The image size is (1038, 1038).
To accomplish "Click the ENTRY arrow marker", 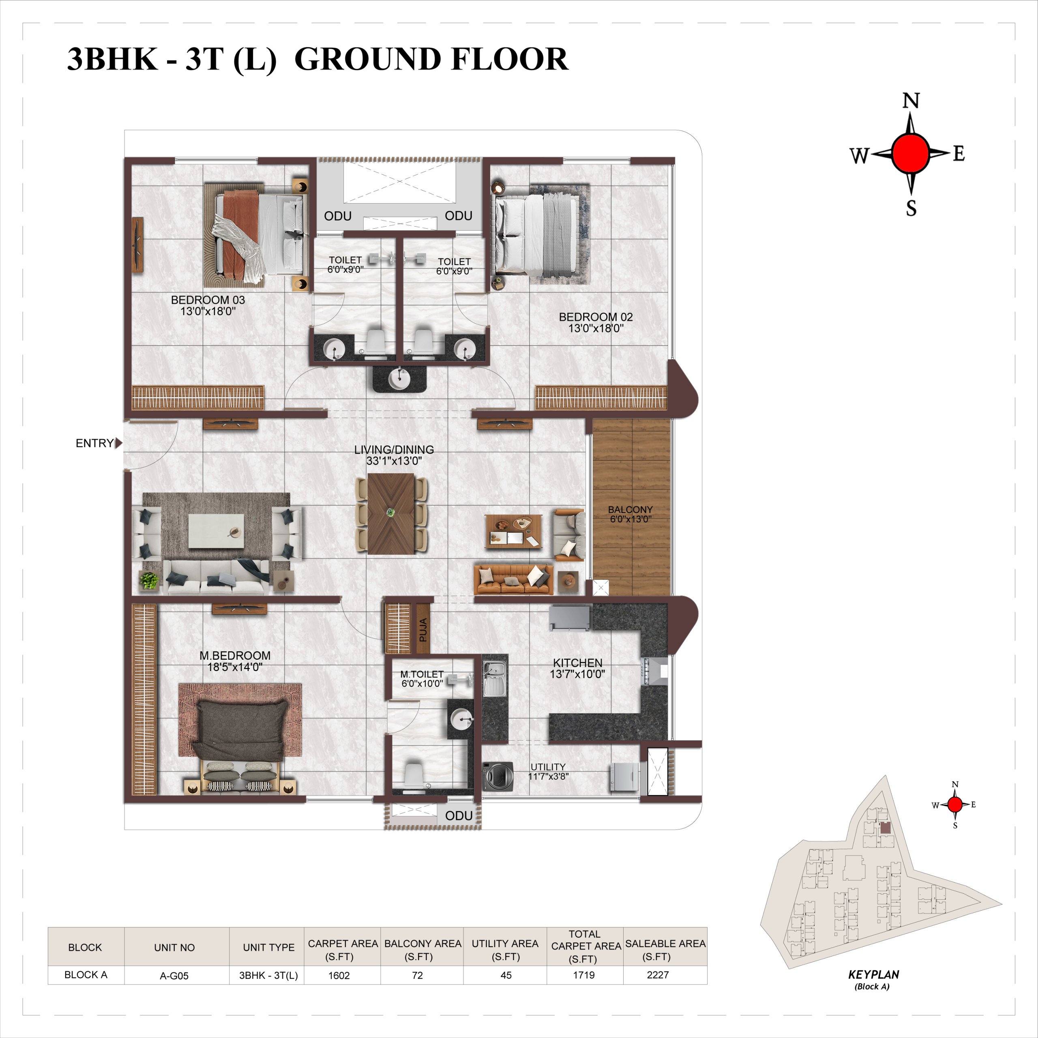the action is coord(119,443).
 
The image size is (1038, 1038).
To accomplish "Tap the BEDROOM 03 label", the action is coord(208,300).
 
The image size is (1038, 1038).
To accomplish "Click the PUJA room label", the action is coord(423,630).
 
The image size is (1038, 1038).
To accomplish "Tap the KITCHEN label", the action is coord(577,663).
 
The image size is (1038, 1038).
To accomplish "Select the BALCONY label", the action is coord(630,509).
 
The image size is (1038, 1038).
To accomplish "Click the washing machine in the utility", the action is coord(497,776).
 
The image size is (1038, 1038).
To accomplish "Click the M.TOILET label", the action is coord(422,674).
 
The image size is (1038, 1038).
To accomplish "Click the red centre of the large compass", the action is coord(910,154).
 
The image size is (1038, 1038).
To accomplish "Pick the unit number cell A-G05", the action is coord(174,976).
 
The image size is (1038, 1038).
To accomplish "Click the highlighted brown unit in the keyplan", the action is coord(885,828).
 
